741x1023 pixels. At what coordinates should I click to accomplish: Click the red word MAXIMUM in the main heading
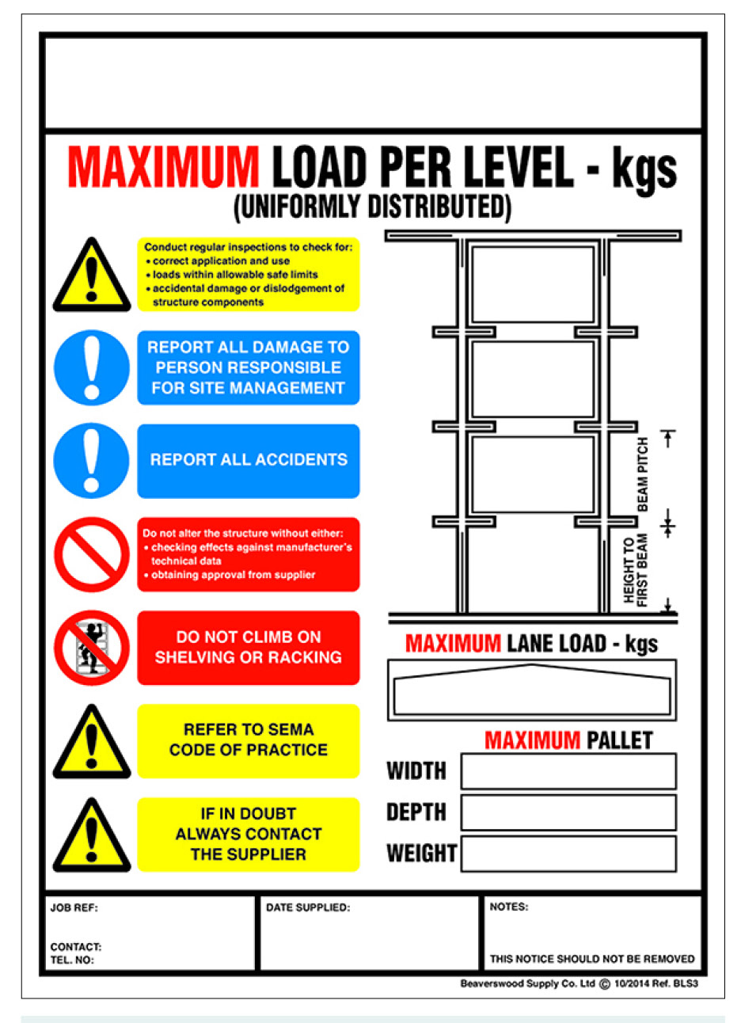(163, 166)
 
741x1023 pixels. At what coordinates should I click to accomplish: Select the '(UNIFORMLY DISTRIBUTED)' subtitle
(372, 207)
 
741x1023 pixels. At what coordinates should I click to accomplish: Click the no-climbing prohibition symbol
(92, 648)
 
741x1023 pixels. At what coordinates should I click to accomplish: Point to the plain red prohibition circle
(92, 554)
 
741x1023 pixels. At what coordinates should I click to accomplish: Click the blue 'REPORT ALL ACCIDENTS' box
(249, 460)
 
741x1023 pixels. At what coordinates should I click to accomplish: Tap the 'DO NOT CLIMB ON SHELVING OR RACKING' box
(249, 647)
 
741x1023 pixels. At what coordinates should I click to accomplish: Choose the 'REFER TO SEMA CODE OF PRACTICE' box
(249, 740)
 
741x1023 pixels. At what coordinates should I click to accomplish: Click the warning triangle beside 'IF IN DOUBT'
(92, 835)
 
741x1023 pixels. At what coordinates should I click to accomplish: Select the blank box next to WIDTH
(568, 771)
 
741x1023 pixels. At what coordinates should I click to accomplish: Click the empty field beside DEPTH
(568, 812)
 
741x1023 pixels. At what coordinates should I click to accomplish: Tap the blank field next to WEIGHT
(568, 854)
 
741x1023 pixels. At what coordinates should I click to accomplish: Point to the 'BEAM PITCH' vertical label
(643, 473)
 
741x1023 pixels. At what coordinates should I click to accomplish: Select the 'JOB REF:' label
(74, 907)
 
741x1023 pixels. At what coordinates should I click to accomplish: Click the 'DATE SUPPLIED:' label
(308, 907)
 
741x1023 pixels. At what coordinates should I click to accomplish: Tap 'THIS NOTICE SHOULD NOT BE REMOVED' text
(592, 959)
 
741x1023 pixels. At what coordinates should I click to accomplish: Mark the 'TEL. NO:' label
(72, 960)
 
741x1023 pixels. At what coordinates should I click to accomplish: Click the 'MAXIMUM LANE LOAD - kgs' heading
(531, 644)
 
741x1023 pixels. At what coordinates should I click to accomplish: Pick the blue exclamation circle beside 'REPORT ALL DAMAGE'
(92, 368)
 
